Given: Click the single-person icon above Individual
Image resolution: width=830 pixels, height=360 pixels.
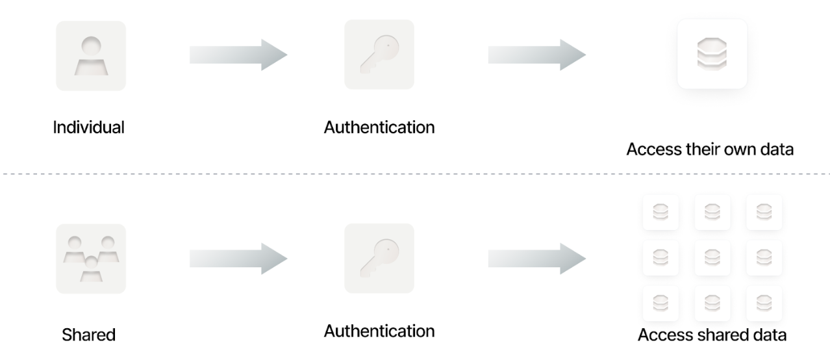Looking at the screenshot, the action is pyautogui.click(x=91, y=56).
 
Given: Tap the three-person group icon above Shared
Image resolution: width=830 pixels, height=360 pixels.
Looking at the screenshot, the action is pyautogui.click(x=91, y=259).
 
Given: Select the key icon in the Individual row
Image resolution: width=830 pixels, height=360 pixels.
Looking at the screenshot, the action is pyautogui.click(x=379, y=55).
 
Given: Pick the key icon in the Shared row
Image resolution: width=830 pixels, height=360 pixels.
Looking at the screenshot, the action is pyautogui.click(x=379, y=259).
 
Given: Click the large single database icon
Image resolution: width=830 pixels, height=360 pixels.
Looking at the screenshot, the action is pyautogui.click(x=712, y=54).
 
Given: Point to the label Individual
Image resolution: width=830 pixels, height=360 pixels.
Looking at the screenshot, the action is pyautogui.click(x=88, y=127).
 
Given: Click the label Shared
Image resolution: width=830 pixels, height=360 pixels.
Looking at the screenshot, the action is pyautogui.click(x=88, y=335).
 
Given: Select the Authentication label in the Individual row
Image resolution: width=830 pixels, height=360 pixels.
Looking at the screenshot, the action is pyautogui.click(x=379, y=127).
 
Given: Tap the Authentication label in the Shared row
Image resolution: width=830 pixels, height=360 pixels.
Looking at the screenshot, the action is pyautogui.click(x=379, y=331).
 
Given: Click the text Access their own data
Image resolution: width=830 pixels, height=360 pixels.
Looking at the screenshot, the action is pyautogui.click(x=710, y=149).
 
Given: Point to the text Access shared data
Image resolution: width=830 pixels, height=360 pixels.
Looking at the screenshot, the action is pyautogui.click(x=712, y=335).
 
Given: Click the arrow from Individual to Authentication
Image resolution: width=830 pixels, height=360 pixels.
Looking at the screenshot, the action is pyautogui.click(x=238, y=55).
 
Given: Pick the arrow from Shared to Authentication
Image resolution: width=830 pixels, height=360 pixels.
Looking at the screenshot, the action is pyautogui.click(x=238, y=259).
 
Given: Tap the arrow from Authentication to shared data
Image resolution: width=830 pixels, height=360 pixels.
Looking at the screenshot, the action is pyautogui.click(x=536, y=259).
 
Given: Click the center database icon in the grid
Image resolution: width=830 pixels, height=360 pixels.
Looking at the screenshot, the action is pyautogui.click(x=712, y=258).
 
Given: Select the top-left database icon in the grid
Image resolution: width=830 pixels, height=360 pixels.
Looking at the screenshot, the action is pyautogui.click(x=660, y=212).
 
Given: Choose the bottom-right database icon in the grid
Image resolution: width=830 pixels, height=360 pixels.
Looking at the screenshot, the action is pyautogui.click(x=764, y=303).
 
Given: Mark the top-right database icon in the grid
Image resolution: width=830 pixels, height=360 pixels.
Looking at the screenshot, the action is pyautogui.click(x=764, y=212).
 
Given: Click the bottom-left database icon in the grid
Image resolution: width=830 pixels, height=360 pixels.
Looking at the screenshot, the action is pyautogui.click(x=660, y=303).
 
